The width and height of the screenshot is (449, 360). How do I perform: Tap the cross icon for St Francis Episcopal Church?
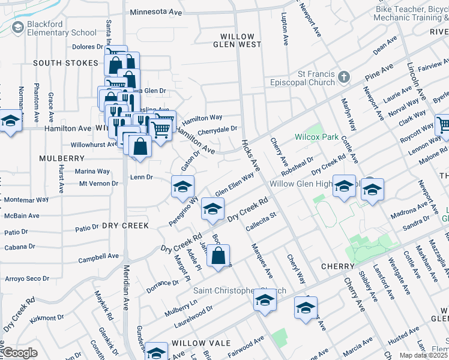[343, 77]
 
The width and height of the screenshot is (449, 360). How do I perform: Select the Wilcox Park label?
[316, 137]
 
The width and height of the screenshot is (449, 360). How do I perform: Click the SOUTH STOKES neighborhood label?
[65, 63]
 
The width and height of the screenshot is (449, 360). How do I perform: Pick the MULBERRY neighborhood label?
[62, 158]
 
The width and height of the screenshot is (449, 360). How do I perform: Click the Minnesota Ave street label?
[156, 11]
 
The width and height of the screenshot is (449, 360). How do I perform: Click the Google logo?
[20, 353]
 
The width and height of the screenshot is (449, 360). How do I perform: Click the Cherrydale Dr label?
[217, 128]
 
